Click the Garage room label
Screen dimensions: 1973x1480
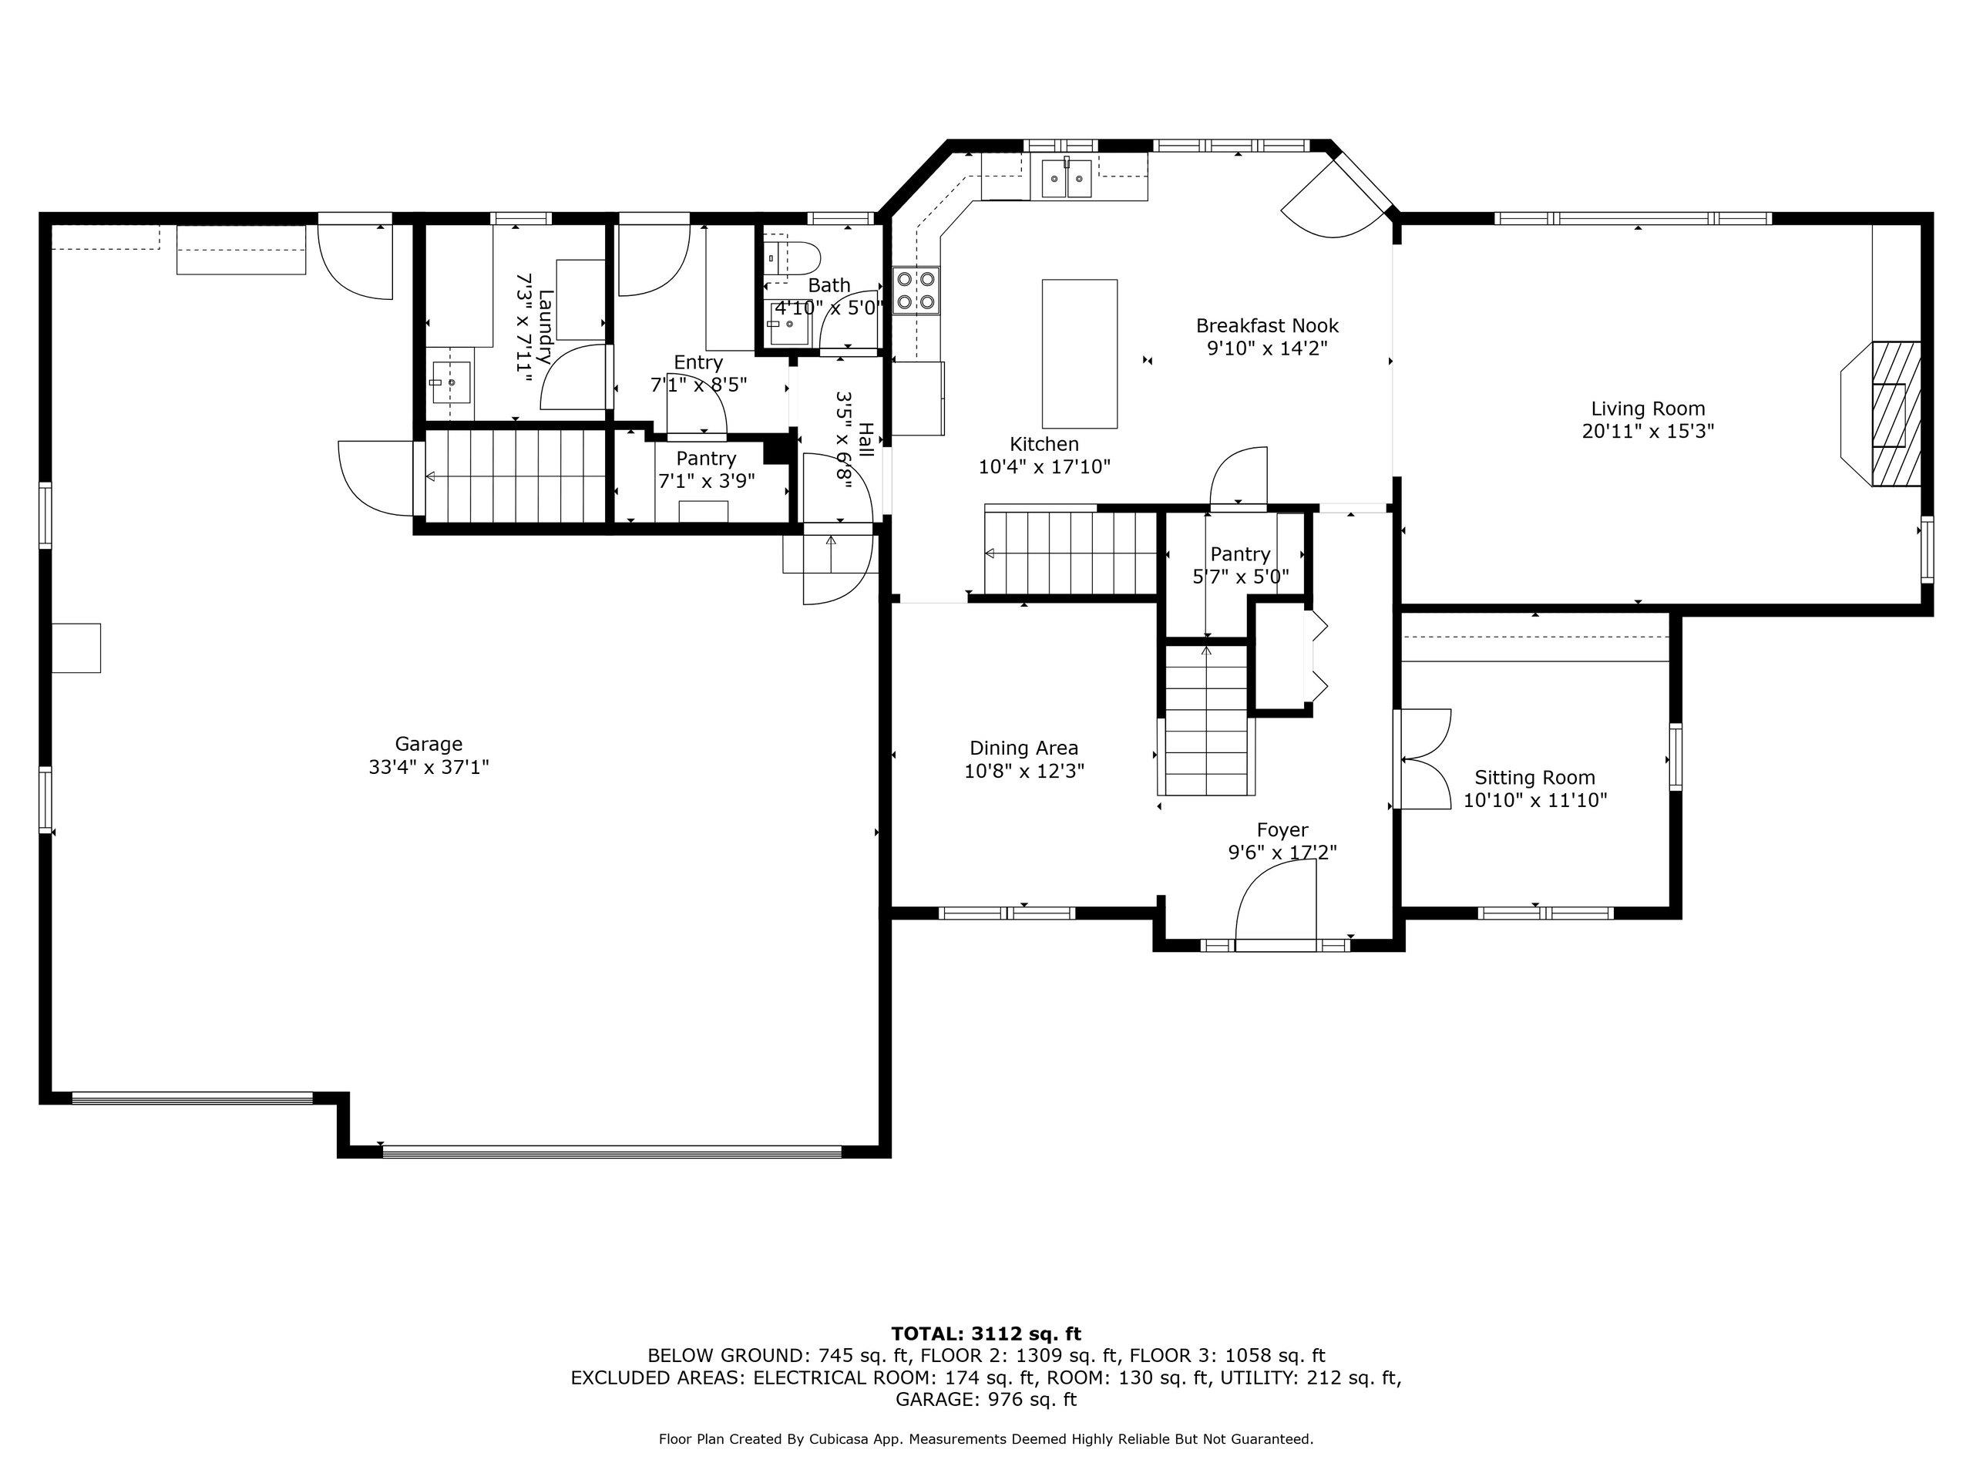point(429,744)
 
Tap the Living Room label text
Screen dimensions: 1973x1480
point(1648,409)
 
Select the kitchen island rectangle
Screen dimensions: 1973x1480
point(1079,354)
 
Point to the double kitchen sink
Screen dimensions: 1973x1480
point(1067,178)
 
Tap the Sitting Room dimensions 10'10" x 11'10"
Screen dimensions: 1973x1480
point(1534,800)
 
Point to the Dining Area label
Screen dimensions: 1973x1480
point(1024,748)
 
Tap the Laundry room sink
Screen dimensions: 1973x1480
point(452,382)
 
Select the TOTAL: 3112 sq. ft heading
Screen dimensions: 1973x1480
point(986,1334)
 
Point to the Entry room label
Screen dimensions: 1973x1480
point(697,362)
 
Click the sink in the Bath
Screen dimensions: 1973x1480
point(788,324)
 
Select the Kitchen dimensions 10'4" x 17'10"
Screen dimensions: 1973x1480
point(1044,466)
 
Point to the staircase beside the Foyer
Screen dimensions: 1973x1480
point(1207,719)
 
